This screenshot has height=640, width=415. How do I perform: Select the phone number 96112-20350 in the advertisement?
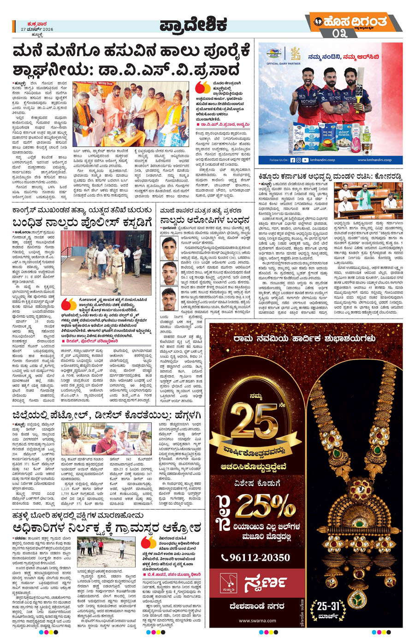256,558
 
